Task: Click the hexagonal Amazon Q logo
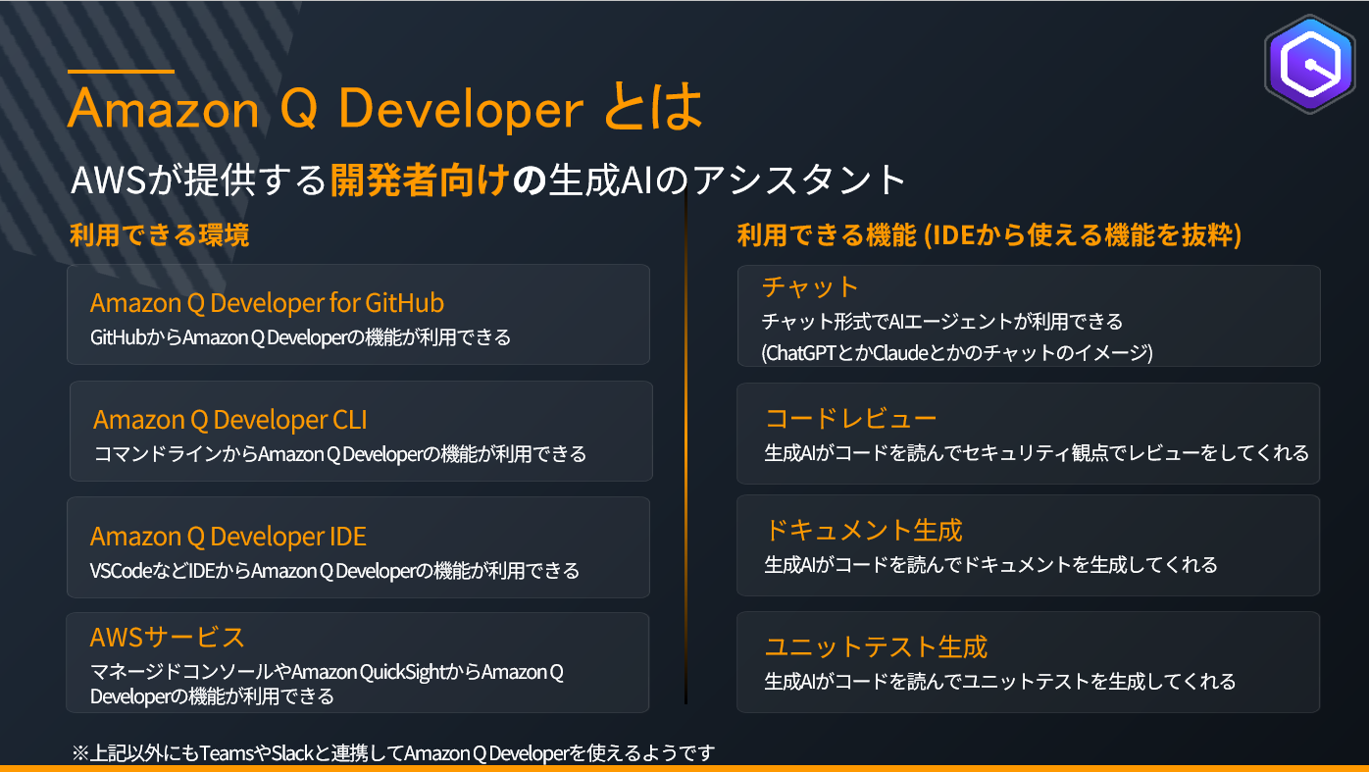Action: point(1309,66)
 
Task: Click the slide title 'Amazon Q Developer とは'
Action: point(384,108)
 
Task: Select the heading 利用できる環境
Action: point(159,235)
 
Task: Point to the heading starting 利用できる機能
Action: point(989,235)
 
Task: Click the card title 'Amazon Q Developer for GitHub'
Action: point(267,302)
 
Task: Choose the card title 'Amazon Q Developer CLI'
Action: point(230,420)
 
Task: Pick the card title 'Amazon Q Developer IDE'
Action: point(228,537)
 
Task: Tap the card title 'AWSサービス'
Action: point(168,638)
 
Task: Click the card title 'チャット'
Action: point(810,286)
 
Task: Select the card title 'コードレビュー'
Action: point(850,419)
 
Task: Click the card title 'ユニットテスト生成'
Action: point(876,646)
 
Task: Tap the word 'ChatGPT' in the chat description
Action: point(801,353)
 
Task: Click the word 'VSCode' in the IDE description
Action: point(121,571)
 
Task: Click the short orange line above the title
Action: point(121,71)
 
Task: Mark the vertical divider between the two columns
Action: point(685,451)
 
